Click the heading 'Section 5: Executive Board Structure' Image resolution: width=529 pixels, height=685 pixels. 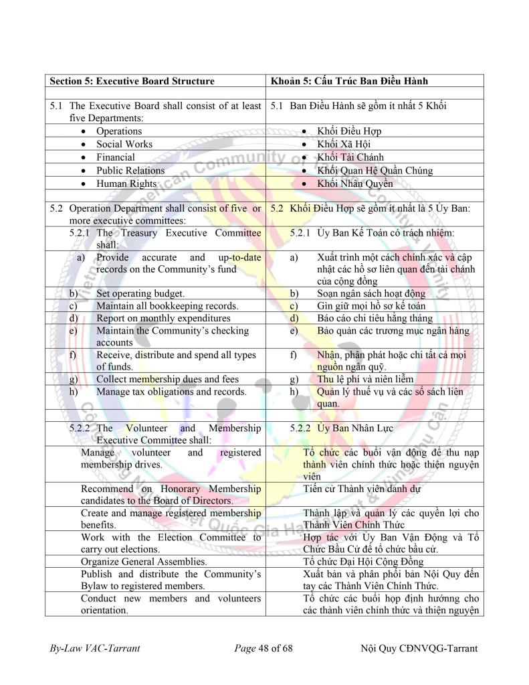pyautogui.click(x=132, y=81)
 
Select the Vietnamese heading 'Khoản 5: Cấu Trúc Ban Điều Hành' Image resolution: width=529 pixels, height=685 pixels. pyautogui.click(x=349, y=81)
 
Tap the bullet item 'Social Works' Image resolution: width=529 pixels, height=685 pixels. pyautogui.click(x=124, y=144)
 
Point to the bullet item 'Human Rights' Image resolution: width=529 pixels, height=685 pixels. pyautogui.click(x=126, y=183)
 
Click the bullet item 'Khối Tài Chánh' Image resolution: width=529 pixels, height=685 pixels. pyautogui.click(x=350, y=157)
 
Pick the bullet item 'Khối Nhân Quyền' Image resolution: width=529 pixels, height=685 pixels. pyautogui.click(x=354, y=183)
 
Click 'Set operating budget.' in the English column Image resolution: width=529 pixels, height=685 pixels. pyautogui.click(x=140, y=293)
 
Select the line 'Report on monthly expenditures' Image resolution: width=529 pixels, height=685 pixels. pyautogui.click(x=163, y=318)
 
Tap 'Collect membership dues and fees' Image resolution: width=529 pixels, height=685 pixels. pyautogui.click(x=167, y=379)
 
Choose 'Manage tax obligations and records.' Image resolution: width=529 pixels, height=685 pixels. pyautogui.click(x=171, y=392)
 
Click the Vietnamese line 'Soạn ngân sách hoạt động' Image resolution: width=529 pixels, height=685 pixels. pyautogui.click(x=371, y=293)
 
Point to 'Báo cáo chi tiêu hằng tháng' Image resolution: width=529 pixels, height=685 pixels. pyautogui.click(x=375, y=318)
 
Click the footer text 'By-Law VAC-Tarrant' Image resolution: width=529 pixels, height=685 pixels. pyautogui.click(x=95, y=648)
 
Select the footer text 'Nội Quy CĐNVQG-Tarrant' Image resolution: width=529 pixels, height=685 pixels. pyautogui.click(x=419, y=648)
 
